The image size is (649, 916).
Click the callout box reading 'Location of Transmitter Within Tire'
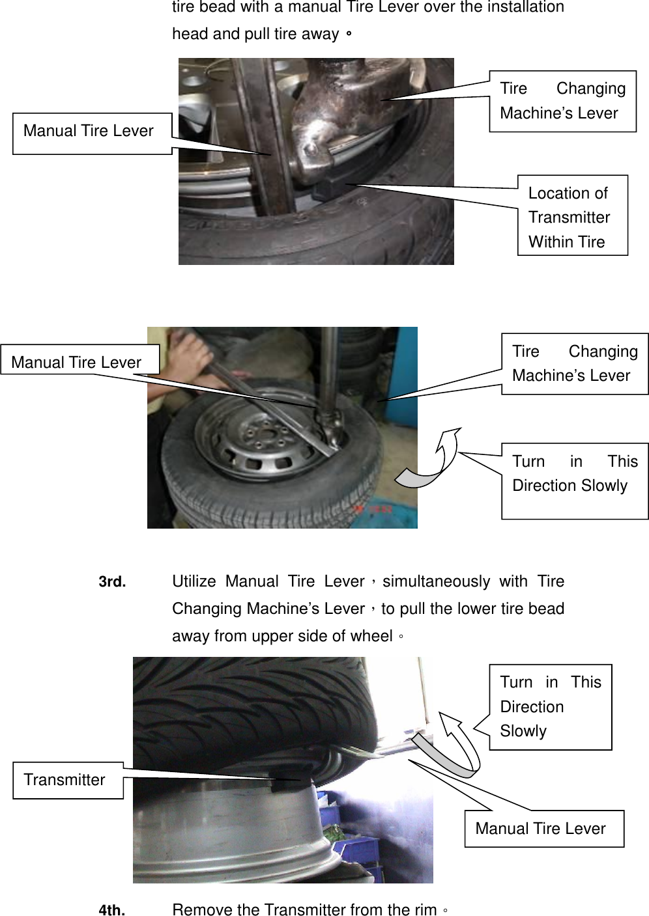[x=572, y=216]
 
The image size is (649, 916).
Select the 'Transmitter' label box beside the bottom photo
[x=68, y=779]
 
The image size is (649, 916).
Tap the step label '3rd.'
[x=112, y=582]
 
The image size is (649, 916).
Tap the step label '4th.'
[x=111, y=909]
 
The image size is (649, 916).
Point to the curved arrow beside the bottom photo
[x=461, y=744]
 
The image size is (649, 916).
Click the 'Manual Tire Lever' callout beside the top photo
[x=92, y=133]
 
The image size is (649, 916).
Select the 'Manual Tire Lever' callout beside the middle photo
[x=79, y=361]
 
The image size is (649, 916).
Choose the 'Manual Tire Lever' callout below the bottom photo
[x=543, y=828]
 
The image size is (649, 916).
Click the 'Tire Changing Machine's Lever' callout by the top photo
[x=562, y=101]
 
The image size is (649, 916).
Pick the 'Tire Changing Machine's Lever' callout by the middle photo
[x=574, y=363]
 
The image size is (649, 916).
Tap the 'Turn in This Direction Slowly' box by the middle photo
[x=574, y=480]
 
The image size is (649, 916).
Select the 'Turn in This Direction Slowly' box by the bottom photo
[x=550, y=706]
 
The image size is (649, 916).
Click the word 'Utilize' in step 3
[x=194, y=581]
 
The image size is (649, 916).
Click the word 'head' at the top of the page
[x=188, y=34]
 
